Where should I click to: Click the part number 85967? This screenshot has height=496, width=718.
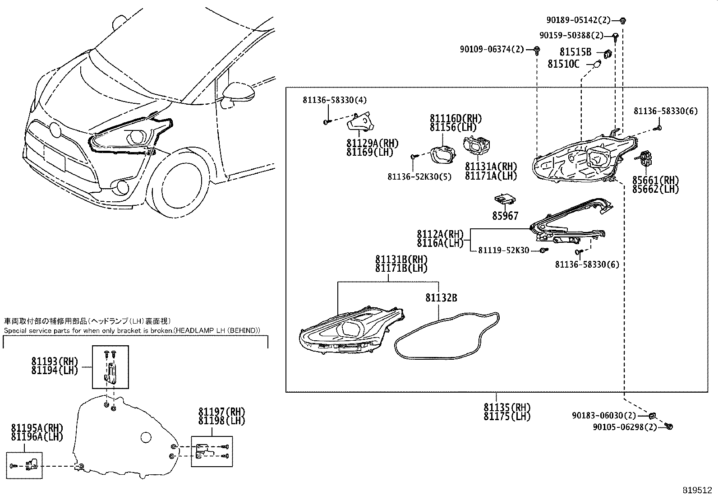coord(505,216)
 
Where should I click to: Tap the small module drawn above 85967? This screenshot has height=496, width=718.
coord(505,199)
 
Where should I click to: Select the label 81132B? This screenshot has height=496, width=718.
coord(441,298)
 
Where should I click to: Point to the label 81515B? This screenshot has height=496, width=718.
coord(575,52)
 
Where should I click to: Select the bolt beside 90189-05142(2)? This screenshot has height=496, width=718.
coord(623,20)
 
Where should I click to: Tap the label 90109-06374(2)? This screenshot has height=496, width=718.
coord(492,49)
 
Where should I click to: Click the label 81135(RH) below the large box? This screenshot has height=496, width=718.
coord(507,407)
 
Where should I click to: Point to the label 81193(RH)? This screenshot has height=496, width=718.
coord(55,362)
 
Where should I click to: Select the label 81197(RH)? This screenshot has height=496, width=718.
coord(221,412)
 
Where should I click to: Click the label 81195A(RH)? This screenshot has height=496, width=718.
coord(37,428)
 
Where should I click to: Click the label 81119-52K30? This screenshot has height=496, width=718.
coord(503,250)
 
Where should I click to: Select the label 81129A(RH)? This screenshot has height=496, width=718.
coord(373,144)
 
